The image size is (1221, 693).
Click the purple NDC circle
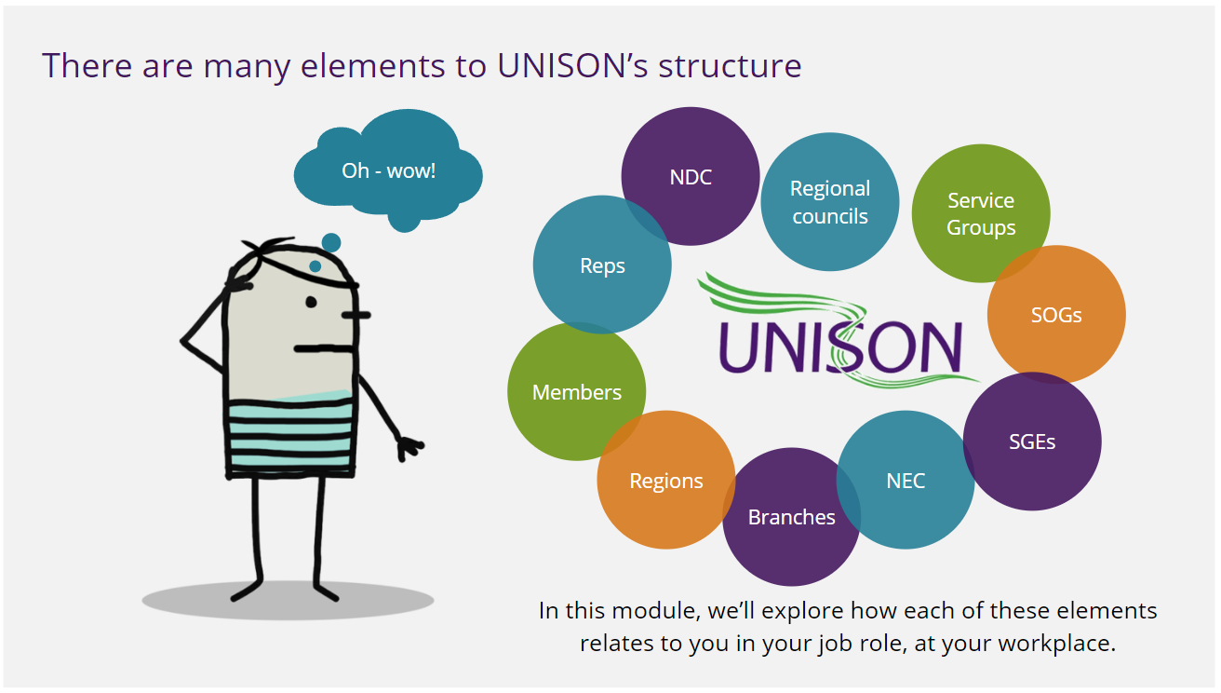tap(691, 176)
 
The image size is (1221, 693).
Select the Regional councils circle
tap(829, 202)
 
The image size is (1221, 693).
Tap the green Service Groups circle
tap(981, 213)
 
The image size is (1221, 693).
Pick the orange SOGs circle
tap(1056, 315)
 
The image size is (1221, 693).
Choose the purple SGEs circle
tap(1032, 442)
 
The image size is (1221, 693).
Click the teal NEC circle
tap(905, 481)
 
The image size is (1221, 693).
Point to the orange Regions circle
tap(665, 481)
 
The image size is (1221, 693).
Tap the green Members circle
tap(576, 392)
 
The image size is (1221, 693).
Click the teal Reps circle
tap(602, 265)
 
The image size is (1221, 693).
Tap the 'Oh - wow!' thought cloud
tap(388, 170)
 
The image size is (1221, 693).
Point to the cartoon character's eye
tap(311, 302)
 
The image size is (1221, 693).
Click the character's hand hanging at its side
tap(407, 448)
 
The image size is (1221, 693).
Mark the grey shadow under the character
tap(288, 601)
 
